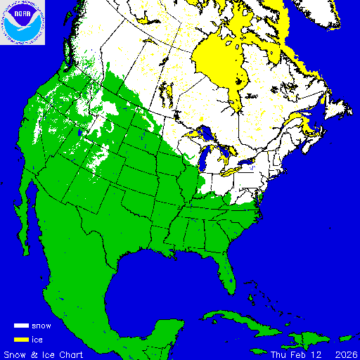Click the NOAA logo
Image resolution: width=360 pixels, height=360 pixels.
[23, 22]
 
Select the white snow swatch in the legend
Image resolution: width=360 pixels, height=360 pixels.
[21, 326]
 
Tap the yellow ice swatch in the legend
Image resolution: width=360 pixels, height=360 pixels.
[21, 340]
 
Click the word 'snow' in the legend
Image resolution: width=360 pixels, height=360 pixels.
[41, 326]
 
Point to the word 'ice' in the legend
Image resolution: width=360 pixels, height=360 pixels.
[37, 340]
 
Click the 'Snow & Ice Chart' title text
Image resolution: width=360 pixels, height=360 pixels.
[44, 354]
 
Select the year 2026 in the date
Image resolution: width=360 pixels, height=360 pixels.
[346, 354]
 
